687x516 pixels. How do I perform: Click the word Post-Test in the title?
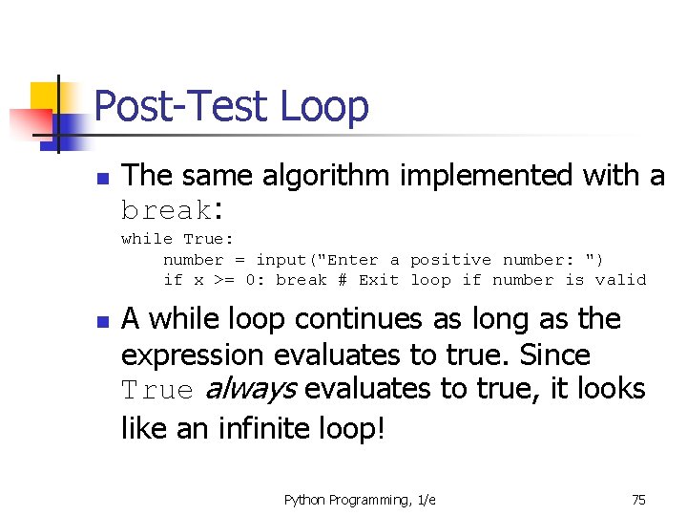(x=182, y=106)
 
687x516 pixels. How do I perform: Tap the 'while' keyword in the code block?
(x=147, y=239)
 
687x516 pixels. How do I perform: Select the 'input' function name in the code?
(x=281, y=260)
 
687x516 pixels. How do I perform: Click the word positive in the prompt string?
(x=450, y=260)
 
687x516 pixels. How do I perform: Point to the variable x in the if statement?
(x=198, y=280)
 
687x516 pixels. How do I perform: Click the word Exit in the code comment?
(x=379, y=280)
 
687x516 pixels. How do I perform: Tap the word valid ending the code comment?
(x=620, y=280)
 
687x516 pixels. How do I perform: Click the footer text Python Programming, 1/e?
(x=360, y=500)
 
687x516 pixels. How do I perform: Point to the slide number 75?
(x=638, y=500)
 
